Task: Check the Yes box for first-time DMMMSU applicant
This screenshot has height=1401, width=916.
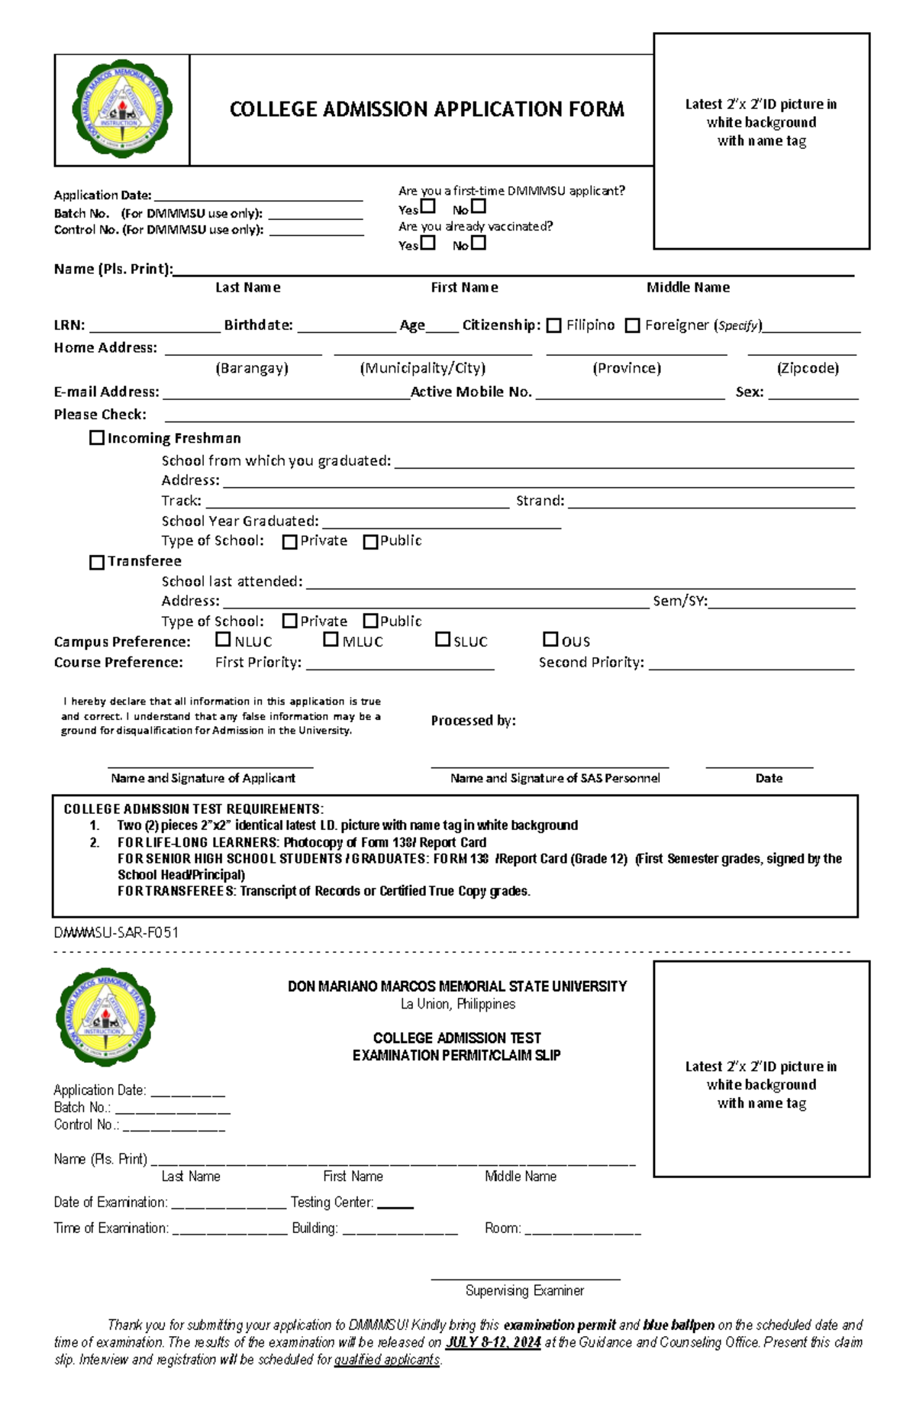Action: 428,206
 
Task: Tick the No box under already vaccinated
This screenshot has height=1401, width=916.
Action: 479,243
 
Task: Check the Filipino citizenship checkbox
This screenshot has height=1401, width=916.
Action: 554,325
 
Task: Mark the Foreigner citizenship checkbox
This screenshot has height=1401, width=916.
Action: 632,325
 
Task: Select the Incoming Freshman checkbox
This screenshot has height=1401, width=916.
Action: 97,437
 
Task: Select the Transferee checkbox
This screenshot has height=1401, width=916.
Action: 97,562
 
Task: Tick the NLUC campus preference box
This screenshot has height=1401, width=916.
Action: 223,639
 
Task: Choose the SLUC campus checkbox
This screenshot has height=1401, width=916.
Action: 443,639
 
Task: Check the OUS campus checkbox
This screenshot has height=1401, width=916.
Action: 550,639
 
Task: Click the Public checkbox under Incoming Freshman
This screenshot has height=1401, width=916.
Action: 371,541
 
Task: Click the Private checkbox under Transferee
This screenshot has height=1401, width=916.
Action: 290,621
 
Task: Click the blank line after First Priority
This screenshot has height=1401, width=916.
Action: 399,664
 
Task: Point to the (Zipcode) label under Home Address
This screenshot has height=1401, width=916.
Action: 808,368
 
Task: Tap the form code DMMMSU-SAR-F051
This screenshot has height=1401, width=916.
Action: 116,932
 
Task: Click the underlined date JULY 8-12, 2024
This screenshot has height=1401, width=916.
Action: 493,1342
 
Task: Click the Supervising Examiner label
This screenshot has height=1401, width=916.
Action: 524,1290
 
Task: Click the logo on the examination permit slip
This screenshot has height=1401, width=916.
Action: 106,1017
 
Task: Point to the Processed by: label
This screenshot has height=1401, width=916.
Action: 473,720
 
